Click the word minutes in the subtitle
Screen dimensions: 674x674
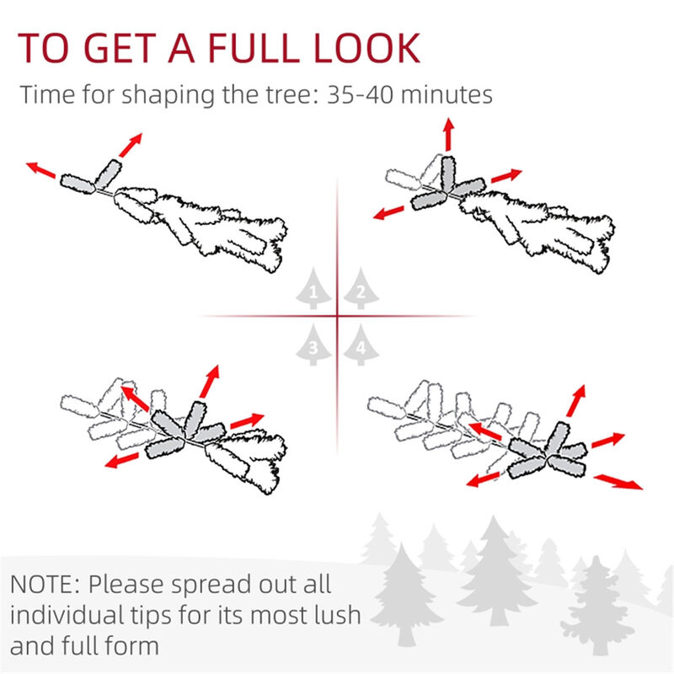[441, 95]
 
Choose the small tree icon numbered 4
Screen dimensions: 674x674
[360, 345]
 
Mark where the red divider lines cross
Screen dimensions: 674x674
[337, 317]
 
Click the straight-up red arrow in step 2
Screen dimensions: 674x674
[447, 134]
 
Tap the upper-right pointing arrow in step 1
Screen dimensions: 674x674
[130, 145]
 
